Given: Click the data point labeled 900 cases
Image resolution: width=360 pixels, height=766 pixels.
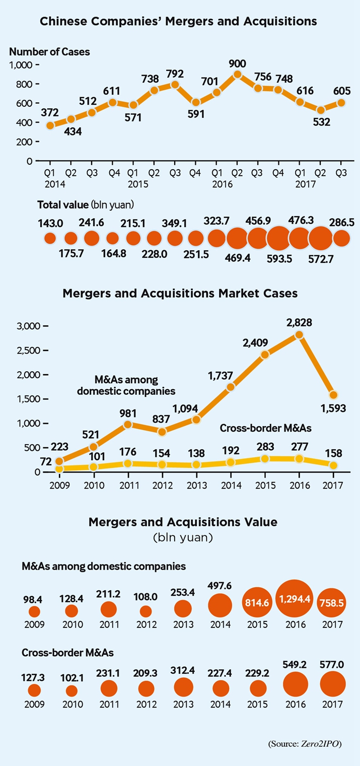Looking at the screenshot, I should tap(238, 75).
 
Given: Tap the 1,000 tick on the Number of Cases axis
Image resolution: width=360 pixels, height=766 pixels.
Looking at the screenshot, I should tap(21, 64).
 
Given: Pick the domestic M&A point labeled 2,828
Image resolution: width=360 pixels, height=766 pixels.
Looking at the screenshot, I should tap(299, 334).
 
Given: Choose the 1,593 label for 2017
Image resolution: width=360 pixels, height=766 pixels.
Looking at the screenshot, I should tap(333, 408).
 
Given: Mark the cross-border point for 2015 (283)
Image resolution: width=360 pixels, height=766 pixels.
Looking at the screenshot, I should tap(265, 459).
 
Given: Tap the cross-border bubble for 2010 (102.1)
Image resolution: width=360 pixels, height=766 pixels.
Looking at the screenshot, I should tap(72, 691).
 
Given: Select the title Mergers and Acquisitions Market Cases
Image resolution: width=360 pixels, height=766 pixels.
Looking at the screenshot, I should tap(180, 293).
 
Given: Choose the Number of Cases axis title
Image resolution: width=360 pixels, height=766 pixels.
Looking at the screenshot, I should tap(49, 51).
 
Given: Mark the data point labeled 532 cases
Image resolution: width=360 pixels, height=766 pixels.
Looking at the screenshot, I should tap(320, 110).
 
